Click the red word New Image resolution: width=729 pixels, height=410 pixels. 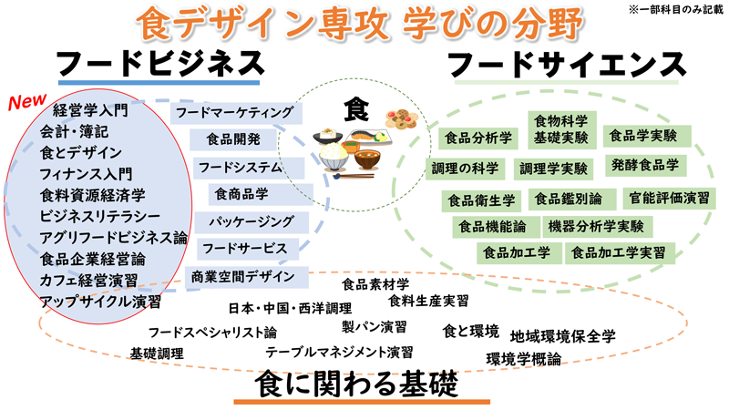pyautogui.click(x=27, y=98)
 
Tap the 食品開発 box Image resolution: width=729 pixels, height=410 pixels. pyautogui.click(x=233, y=139)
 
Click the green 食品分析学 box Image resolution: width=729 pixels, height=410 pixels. pyautogui.click(x=477, y=138)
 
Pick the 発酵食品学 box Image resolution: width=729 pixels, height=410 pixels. pyautogui.click(x=645, y=165)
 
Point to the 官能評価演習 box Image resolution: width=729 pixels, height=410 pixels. pyautogui.click(x=670, y=197)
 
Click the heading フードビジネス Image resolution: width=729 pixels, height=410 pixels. pyautogui.click(x=159, y=63)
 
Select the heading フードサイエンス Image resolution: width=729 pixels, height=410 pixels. pyautogui.click(x=567, y=65)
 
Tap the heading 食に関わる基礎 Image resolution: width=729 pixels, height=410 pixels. pyautogui.click(x=362, y=384)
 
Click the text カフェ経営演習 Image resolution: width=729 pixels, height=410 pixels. pyautogui.click(x=87, y=279)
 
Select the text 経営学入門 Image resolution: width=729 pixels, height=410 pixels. pyautogui.click(x=91, y=111)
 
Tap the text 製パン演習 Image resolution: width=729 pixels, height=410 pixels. pyautogui.click(x=375, y=326)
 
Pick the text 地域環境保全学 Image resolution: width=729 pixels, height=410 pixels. pyautogui.click(x=562, y=334)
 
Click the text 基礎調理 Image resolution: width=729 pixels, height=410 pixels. pyautogui.click(x=156, y=352)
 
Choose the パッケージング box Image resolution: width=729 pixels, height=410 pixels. pyautogui.click(x=251, y=220)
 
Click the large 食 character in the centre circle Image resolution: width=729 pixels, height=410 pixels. pyautogui.click(x=354, y=108)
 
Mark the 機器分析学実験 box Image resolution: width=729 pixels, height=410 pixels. pyautogui.click(x=596, y=225)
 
